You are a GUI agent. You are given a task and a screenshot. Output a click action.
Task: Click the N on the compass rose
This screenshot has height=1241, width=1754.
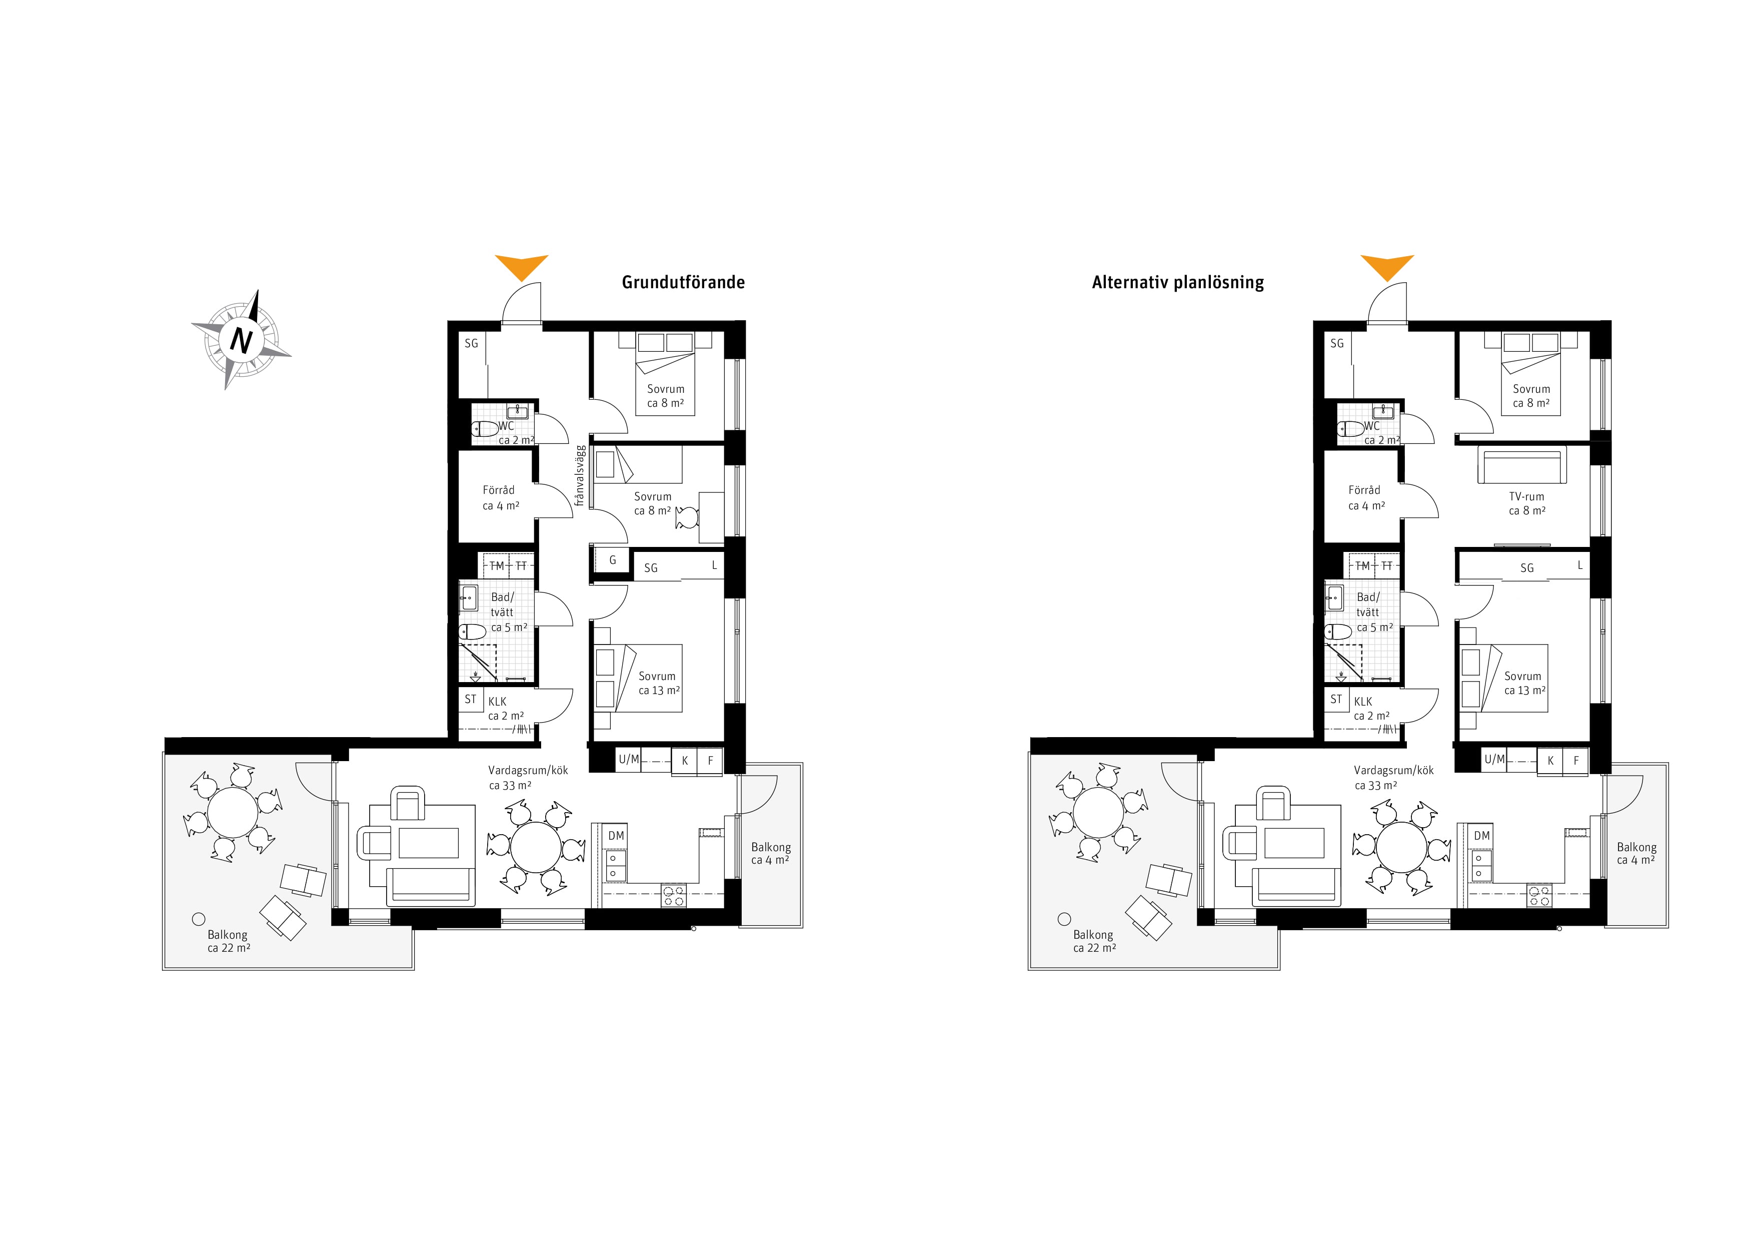242,340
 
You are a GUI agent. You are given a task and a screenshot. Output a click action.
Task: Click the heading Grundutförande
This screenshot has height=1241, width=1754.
683,282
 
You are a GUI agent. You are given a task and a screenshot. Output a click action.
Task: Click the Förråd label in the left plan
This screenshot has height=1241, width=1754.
499,490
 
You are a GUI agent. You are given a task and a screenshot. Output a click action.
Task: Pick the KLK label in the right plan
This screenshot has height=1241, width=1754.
1363,702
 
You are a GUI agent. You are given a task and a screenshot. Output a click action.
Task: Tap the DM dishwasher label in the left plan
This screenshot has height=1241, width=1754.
616,836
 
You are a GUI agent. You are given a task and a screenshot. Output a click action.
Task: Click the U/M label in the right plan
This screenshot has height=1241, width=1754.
1494,760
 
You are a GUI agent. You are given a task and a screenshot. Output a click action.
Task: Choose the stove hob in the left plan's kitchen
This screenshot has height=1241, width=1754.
674,896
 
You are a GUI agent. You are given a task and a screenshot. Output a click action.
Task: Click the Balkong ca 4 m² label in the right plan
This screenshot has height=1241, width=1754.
1636,854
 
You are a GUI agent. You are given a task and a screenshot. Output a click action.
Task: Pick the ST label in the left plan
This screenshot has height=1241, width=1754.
471,699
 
